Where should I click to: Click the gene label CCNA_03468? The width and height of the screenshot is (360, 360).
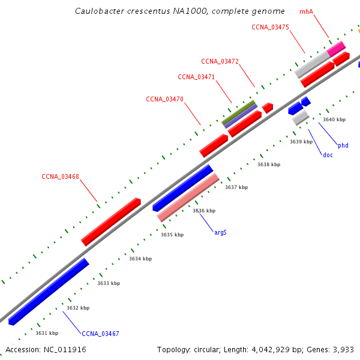click(x=60, y=176)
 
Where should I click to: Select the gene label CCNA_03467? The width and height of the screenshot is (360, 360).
click(x=100, y=334)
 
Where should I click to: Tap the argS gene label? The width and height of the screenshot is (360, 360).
click(x=220, y=232)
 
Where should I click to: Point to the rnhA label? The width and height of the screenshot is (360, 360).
click(x=307, y=11)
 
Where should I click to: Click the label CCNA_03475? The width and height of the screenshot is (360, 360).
click(x=271, y=27)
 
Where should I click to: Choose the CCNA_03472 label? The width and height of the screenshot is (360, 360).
click(x=220, y=61)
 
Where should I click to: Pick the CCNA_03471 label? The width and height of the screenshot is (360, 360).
click(x=196, y=77)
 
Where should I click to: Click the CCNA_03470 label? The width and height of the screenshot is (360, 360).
click(x=164, y=99)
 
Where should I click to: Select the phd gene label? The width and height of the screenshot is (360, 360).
click(x=343, y=145)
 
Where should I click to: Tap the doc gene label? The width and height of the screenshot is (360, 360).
click(x=328, y=155)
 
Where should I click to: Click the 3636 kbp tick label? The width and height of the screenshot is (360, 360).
click(x=204, y=211)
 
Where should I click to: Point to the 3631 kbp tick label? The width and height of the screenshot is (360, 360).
click(x=47, y=333)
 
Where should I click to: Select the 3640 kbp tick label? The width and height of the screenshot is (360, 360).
click(x=334, y=119)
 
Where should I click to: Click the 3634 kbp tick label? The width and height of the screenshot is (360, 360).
click(x=140, y=259)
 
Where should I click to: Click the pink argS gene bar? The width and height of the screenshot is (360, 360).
click(x=188, y=197)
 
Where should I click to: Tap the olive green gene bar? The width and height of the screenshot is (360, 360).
click(x=239, y=113)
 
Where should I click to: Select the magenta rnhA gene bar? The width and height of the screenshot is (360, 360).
click(x=336, y=48)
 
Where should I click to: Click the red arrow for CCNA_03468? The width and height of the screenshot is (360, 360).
click(x=111, y=221)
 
